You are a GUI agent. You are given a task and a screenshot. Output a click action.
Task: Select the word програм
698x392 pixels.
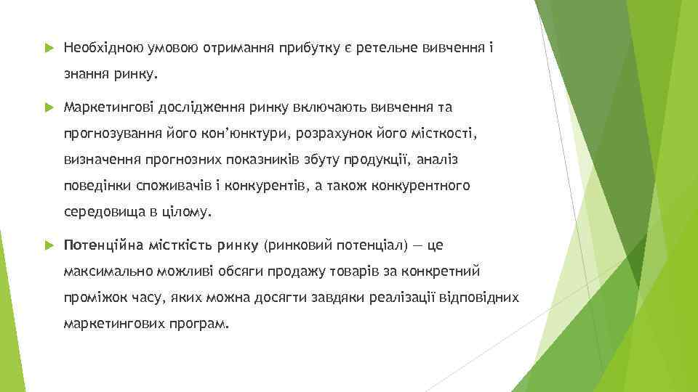coord(206,324)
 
